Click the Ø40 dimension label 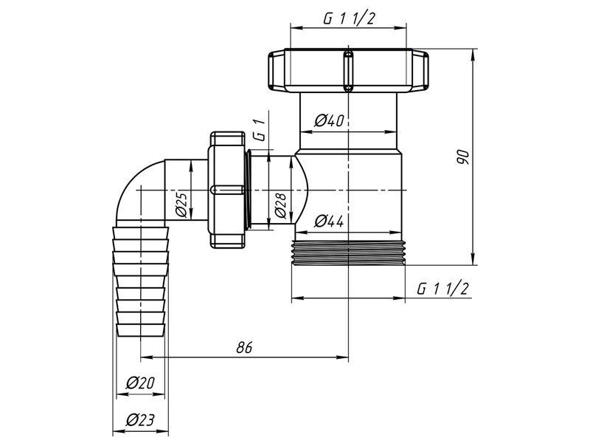329,121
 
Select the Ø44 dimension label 329,221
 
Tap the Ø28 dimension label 281,206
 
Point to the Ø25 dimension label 181,205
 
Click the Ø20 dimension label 140,383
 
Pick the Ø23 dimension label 140,419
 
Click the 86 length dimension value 244,347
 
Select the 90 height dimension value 463,157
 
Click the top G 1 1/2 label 349,18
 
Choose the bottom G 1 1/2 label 443,289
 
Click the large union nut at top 348,70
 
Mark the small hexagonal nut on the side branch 227,190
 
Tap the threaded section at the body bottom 348,253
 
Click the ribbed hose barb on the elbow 141,281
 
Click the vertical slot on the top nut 349,70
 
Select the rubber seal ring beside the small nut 247,190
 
